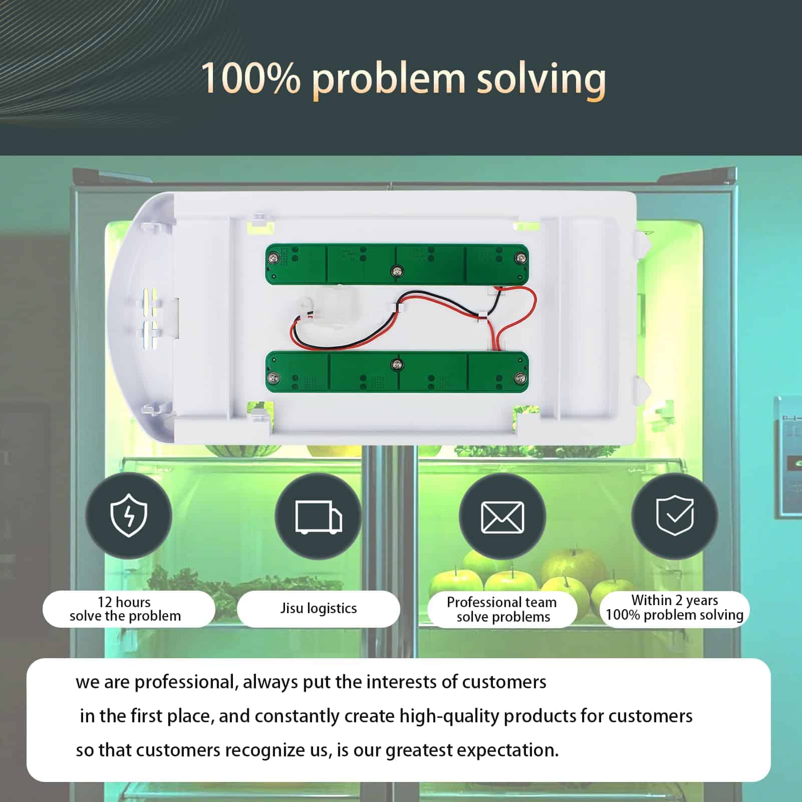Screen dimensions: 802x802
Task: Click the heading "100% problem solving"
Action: pyautogui.click(x=403, y=79)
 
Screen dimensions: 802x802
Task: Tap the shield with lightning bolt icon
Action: pyautogui.click(x=129, y=515)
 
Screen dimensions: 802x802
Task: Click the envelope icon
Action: pyautogui.click(x=502, y=517)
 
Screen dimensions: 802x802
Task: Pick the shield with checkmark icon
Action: pyautogui.click(x=675, y=515)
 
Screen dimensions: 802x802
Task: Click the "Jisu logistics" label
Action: pyautogui.click(x=319, y=608)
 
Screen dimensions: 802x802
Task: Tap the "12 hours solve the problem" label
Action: pyautogui.click(x=125, y=609)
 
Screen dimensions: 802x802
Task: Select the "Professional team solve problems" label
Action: pyautogui.click(x=502, y=609)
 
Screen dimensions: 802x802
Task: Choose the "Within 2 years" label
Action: pyautogui.click(x=675, y=600)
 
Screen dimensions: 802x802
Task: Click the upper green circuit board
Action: pyautogui.click(x=397, y=264)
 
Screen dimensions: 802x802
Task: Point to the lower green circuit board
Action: pyautogui.click(x=397, y=372)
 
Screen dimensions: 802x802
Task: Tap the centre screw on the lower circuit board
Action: pyautogui.click(x=397, y=364)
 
